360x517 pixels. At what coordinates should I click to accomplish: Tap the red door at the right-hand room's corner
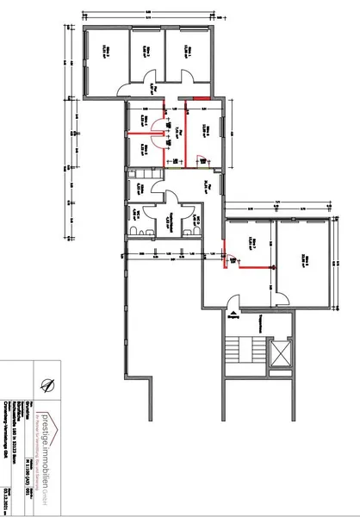point(228,257)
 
